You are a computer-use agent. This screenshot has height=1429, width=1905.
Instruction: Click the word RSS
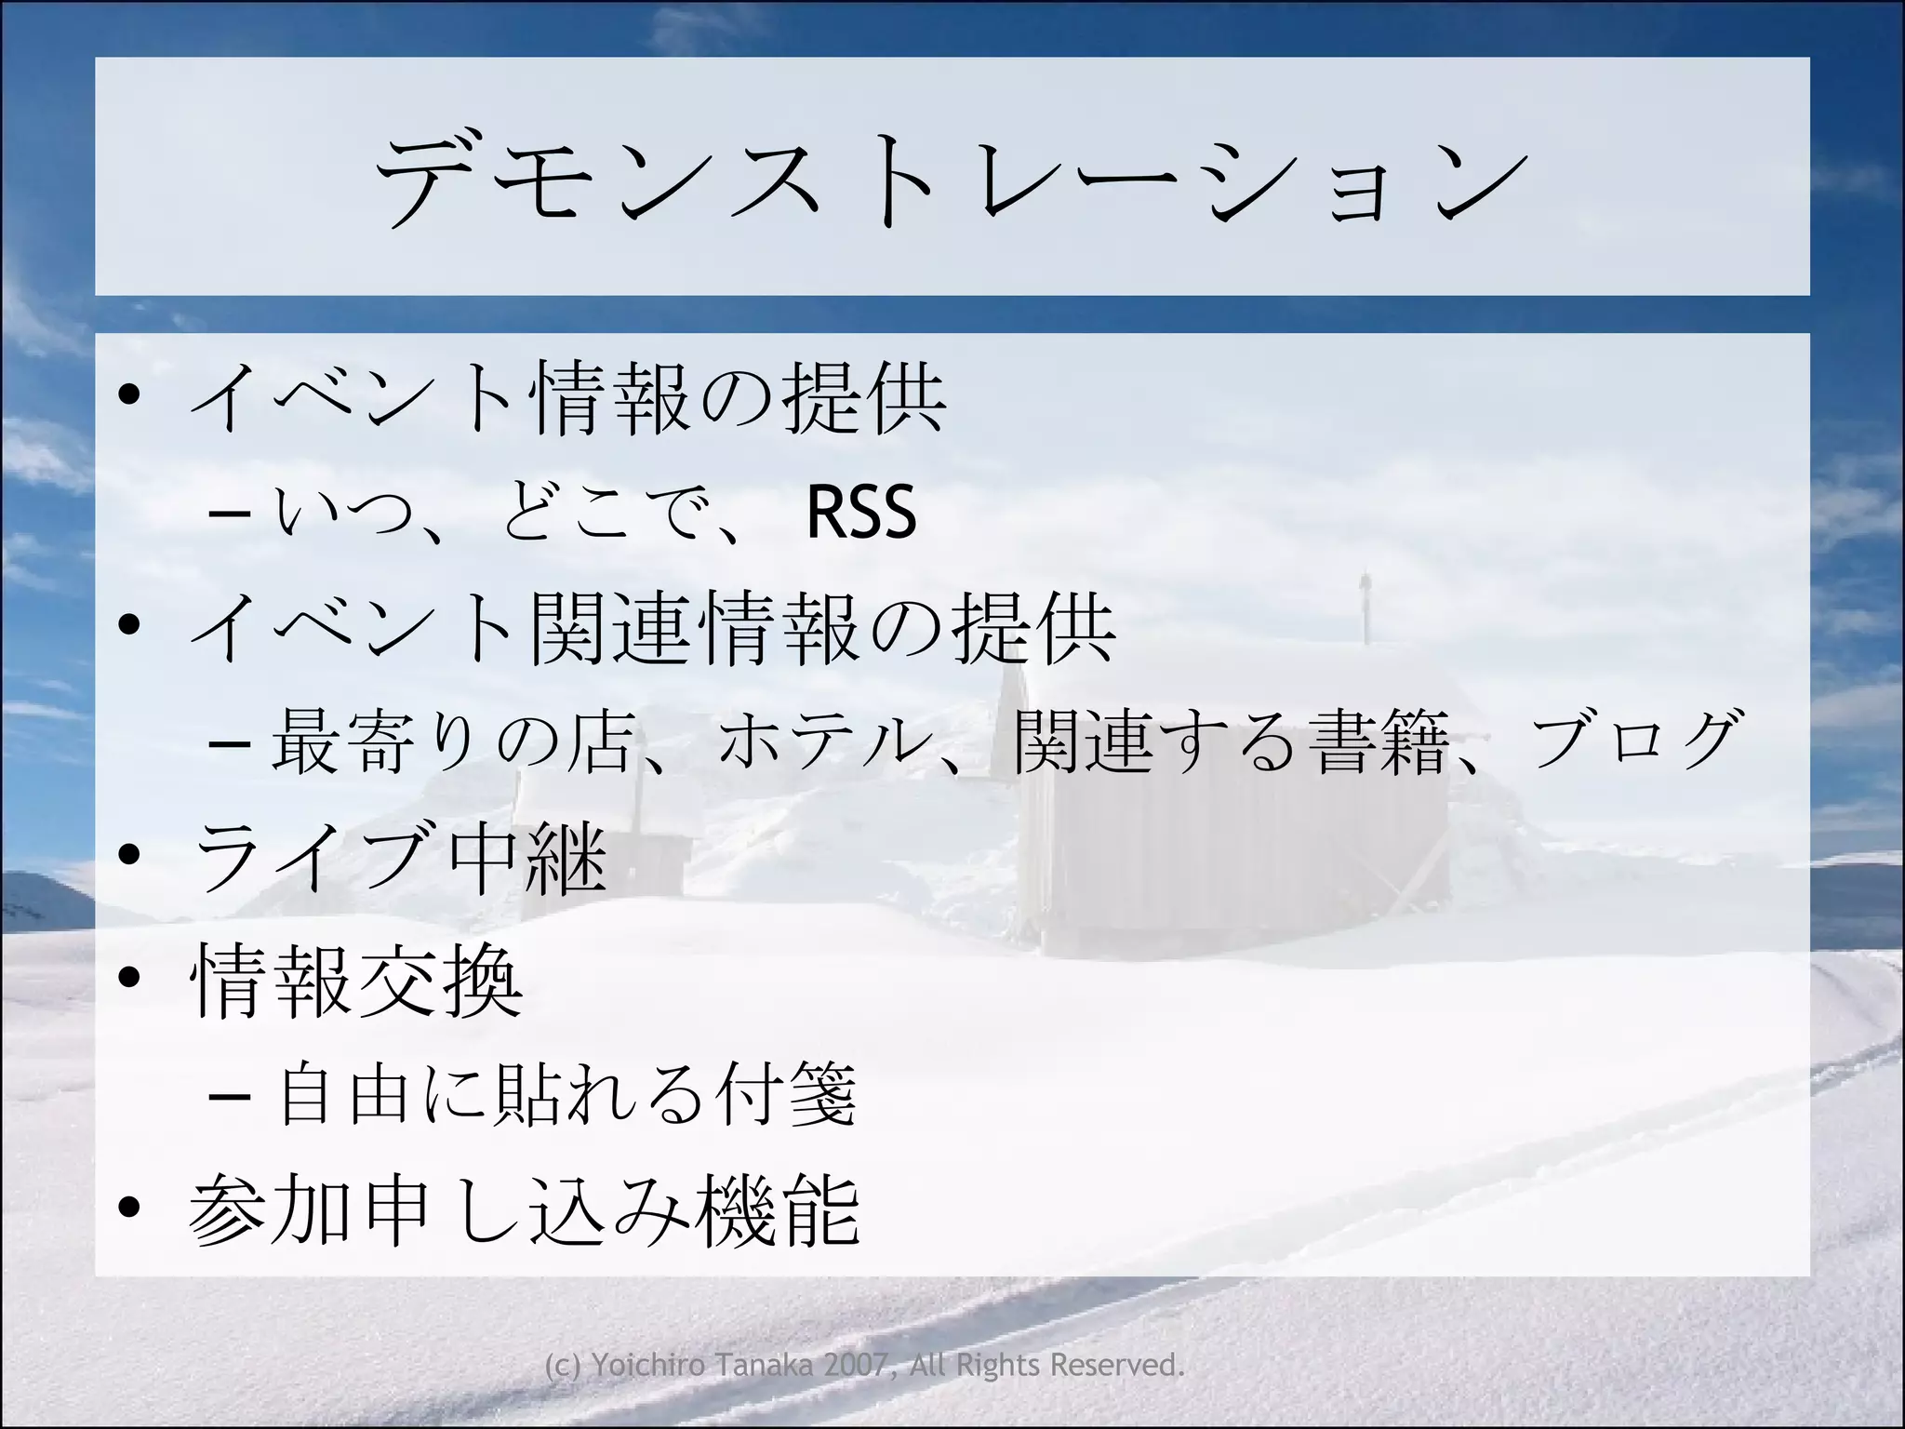(861, 512)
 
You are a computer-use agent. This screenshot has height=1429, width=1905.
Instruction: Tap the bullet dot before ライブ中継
(130, 854)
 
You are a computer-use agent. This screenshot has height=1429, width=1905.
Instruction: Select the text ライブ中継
(400, 856)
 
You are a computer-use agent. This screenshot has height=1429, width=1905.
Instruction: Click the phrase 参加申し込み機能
(525, 1211)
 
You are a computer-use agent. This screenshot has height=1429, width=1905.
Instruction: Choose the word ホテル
(815, 741)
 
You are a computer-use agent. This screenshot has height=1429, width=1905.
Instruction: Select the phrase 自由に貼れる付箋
(567, 1095)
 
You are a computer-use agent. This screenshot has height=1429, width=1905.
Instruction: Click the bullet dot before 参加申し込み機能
(130, 1208)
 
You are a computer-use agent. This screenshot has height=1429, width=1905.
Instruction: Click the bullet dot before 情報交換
(130, 977)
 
